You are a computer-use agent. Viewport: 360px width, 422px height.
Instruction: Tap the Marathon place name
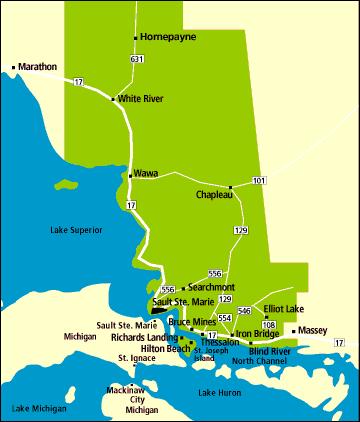point(37,67)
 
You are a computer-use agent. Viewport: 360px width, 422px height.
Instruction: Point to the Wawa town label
point(146,174)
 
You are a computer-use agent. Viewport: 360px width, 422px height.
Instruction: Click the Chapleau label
point(214,195)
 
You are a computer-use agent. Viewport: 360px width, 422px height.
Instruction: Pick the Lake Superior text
point(76,230)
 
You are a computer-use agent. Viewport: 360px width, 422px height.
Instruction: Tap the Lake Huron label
point(219,393)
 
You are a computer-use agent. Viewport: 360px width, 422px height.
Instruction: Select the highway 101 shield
point(260,180)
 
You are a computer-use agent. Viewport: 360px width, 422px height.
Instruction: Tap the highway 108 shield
point(268,325)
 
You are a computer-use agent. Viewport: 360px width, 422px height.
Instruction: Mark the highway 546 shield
point(244,312)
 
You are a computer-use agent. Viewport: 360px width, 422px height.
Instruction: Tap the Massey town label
point(312,329)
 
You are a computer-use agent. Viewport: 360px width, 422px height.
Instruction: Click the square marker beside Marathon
point(13,68)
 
